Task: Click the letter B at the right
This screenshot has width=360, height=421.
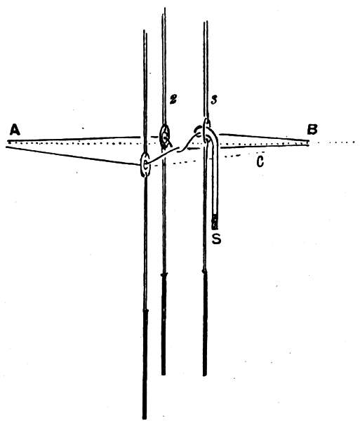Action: click(312, 129)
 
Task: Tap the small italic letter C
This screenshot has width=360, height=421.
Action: click(260, 161)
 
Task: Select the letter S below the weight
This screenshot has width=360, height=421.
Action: click(216, 239)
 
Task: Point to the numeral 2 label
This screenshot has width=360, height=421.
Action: click(173, 100)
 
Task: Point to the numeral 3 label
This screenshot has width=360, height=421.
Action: click(213, 101)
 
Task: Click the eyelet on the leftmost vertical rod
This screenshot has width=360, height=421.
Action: click(145, 165)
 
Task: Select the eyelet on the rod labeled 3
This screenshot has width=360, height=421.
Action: click(206, 132)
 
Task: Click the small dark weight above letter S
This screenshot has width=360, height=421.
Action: click(215, 222)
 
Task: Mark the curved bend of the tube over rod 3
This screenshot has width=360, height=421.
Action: click(213, 134)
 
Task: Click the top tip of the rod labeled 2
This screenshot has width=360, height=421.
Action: click(164, 8)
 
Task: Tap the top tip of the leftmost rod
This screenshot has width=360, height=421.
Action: click(145, 30)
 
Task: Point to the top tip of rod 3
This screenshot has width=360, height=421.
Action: click(206, 22)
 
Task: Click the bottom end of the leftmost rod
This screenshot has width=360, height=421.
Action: click(145, 418)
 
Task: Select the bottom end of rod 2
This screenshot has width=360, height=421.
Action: click(164, 374)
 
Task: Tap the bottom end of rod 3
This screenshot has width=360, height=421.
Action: click(205, 375)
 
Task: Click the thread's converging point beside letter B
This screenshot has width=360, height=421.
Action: click(309, 143)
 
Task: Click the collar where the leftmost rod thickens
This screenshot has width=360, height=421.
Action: click(145, 311)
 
